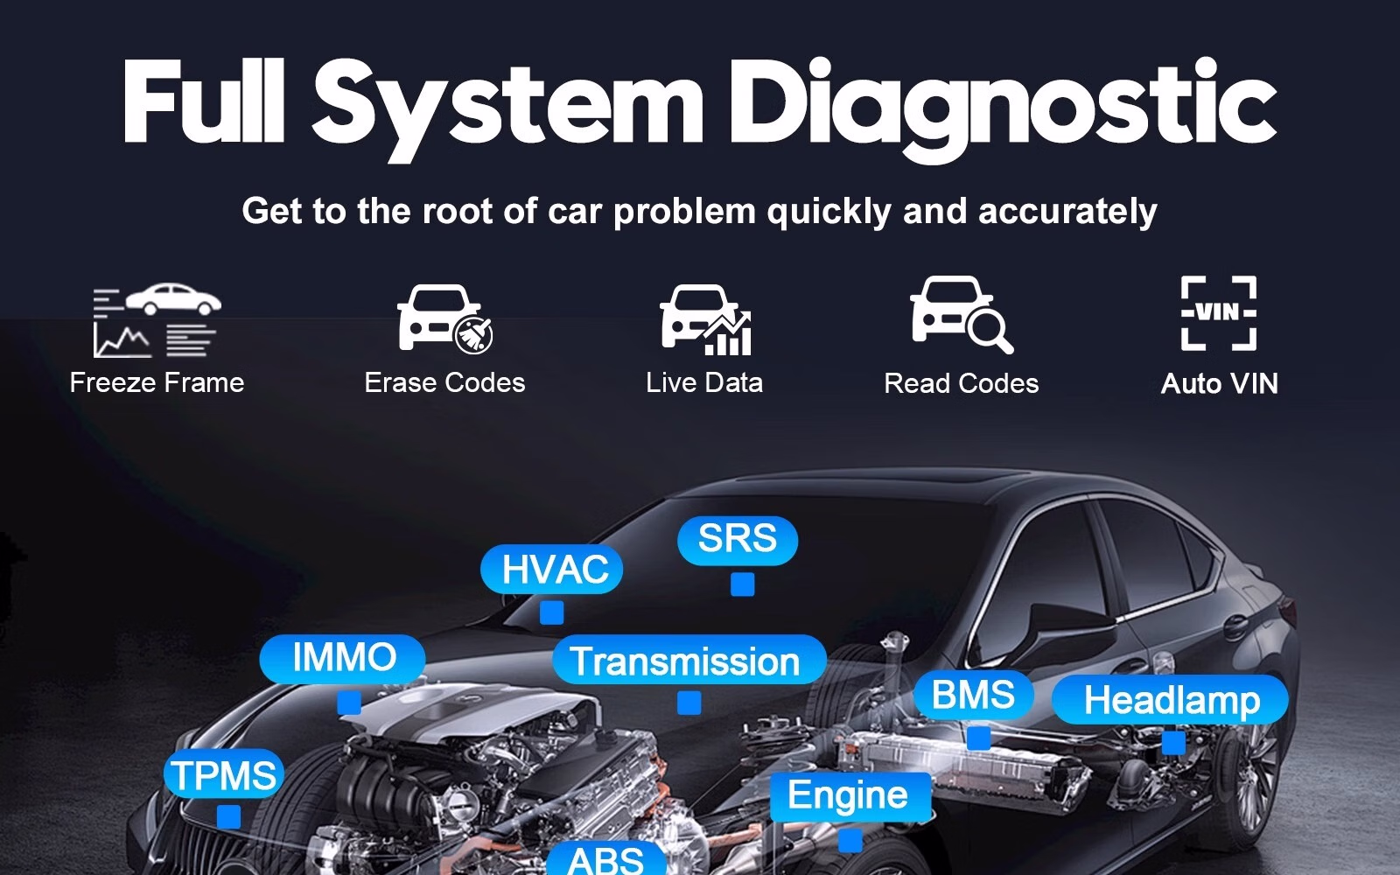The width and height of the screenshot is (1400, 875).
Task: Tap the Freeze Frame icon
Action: pyautogui.click(x=157, y=320)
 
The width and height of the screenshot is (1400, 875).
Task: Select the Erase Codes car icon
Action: pyautogui.click(x=444, y=318)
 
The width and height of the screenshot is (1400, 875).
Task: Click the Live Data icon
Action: pyautogui.click(x=705, y=320)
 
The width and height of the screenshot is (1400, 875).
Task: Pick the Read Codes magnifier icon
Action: pyautogui.click(x=961, y=315)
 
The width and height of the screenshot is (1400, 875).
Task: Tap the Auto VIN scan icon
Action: pyautogui.click(x=1219, y=313)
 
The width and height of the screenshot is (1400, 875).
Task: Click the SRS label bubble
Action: pyautogui.click(x=737, y=539)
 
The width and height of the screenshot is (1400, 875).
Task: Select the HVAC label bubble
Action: pyautogui.click(x=552, y=570)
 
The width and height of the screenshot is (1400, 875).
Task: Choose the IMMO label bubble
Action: pyautogui.click(x=343, y=658)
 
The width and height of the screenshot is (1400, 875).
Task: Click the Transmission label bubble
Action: pyautogui.click(x=687, y=661)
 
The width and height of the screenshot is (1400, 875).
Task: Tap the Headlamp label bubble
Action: pyautogui.click(x=1171, y=701)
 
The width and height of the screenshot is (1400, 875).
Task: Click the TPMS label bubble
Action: pyautogui.click(x=224, y=775)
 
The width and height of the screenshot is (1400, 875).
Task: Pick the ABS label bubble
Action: pyautogui.click(x=605, y=859)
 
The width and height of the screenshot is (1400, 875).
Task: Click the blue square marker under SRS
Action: pyautogui.click(x=742, y=584)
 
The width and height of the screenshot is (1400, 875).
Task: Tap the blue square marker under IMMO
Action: pyautogui.click(x=349, y=703)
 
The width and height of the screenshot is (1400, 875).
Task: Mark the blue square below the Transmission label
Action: pyautogui.click(x=689, y=703)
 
